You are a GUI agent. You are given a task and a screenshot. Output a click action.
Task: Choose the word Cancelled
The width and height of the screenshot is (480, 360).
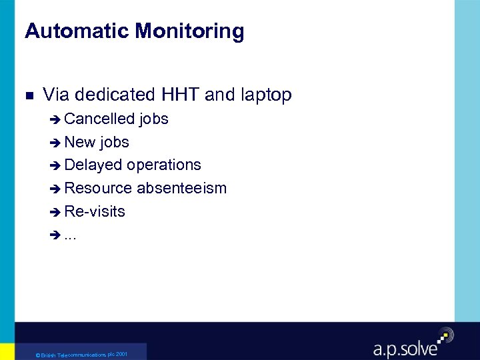[99, 119]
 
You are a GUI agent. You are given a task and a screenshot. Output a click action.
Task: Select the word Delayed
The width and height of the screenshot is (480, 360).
[94, 165]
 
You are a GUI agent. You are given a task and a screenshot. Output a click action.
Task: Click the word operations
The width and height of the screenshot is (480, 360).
[164, 165]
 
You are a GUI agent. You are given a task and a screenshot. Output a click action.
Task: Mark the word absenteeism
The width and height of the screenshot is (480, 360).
[182, 188]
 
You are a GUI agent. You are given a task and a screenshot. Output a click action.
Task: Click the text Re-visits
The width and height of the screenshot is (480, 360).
[95, 211]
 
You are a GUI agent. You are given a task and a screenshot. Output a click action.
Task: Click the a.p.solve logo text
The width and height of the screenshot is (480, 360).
[405, 348]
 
